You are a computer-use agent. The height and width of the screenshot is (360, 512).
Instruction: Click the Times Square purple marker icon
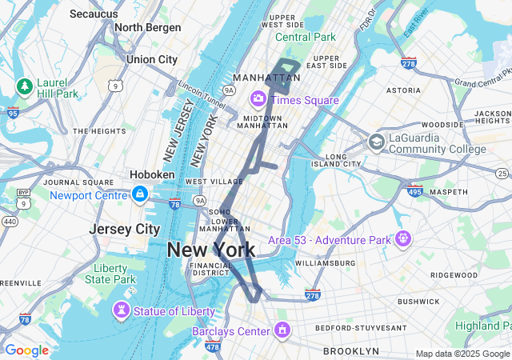pyautogui.click(x=258, y=99)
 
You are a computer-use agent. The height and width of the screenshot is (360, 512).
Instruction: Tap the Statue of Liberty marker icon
pyautogui.click(x=122, y=310)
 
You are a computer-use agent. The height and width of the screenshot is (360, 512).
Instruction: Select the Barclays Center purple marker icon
pyautogui.click(x=282, y=330)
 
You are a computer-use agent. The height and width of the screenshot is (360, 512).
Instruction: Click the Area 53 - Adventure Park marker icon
pyautogui.click(x=402, y=238)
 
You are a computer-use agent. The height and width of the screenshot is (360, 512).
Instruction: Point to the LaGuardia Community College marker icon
pyautogui.click(x=376, y=142)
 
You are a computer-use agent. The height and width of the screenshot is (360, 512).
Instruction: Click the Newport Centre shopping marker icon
pyautogui.click(x=140, y=194)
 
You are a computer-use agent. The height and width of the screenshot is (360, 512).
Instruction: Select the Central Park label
pyautogui.click(x=306, y=37)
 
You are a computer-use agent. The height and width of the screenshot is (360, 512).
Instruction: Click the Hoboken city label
pyautogui.click(x=152, y=174)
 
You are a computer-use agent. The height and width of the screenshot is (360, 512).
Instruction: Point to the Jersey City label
pyautogui.click(x=124, y=229)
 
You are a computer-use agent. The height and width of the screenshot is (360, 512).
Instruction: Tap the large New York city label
pyautogui.click(x=211, y=250)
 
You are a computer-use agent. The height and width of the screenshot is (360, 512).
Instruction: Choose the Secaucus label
pyautogui.click(x=95, y=14)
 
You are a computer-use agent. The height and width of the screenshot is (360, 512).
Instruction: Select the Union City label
pyautogui.click(x=152, y=59)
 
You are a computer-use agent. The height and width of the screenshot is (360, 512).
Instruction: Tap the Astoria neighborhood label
pyautogui.click(x=403, y=90)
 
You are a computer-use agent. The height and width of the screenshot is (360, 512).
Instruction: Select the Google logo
pyautogui.click(x=26, y=350)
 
